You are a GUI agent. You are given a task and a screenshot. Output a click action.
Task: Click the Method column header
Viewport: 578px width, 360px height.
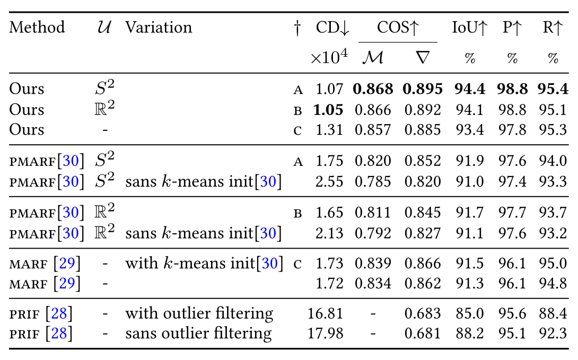pyautogui.click(x=37, y=27)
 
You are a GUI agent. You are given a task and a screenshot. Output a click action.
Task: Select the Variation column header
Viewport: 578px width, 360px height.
pyautogui.click(x=159, y=27)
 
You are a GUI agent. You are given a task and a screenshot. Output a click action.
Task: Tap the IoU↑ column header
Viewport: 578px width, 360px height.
pyautogui.click(x=470, y=28)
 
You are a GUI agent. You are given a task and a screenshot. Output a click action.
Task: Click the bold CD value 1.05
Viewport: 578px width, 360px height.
pyautogui.click(x=328, y=110)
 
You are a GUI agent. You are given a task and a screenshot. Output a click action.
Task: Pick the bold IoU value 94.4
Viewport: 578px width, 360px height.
pyautogui.click(x=470, y=89)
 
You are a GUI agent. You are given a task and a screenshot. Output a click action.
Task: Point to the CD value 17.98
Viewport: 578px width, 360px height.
pyautogui.click(x=326, y=333)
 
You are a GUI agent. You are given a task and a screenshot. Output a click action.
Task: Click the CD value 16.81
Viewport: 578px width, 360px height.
pyautogui.click(x=326, y=313)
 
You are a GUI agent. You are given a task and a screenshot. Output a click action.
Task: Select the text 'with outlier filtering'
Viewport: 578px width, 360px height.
pyautogui.click(x=199, y=313)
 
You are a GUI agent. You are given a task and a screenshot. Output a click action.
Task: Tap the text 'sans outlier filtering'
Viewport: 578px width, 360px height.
pyautogui.click(x=198, y=333)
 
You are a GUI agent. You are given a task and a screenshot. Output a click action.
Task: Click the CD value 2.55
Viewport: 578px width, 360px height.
pyautogui.click(x=329, y=182)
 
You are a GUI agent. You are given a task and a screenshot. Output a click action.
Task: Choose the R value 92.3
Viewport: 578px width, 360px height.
pyautogui.click(x=553, y=333)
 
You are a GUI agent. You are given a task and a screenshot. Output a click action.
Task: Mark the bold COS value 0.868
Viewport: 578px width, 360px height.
pyautogui.click(x=373, y=89)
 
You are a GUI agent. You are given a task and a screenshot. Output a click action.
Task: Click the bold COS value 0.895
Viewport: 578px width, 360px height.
pyautogui.click(x=423, y=89)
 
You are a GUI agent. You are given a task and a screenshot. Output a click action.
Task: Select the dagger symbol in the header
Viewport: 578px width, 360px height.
pyautogui.click(x=297, y=28)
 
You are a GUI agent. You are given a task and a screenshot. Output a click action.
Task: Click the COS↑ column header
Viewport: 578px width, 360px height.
pyautogui.click(x=398, y=28)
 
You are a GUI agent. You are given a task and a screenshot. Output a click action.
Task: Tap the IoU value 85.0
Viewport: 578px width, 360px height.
pyautogui.click(x=470, y=313)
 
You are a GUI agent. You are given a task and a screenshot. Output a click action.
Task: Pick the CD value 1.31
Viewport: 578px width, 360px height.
pyautogui.click(x=329, y=130)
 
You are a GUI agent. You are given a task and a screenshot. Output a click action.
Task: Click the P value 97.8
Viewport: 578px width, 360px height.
pyautogui.click(x=512, y=130)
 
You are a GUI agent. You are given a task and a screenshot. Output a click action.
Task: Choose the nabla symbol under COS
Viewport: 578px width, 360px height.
pyautogui.click(x=423, y=57)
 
